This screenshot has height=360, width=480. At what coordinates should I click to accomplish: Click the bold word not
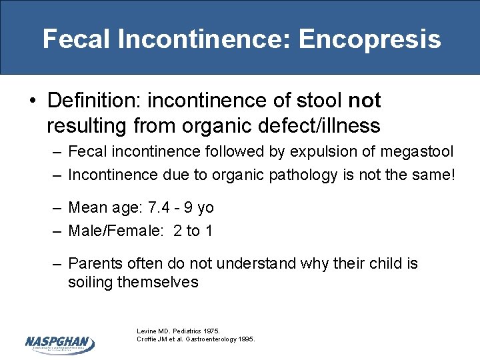(365, 101)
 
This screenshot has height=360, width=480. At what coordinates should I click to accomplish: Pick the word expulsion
(320, 152)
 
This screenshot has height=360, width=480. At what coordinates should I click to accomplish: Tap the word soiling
(91, 282)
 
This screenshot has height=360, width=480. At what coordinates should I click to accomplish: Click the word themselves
(158, 282)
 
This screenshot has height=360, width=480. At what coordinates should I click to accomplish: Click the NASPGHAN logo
(59, 343)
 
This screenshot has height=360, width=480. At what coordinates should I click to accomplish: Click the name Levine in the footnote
(147, 331)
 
